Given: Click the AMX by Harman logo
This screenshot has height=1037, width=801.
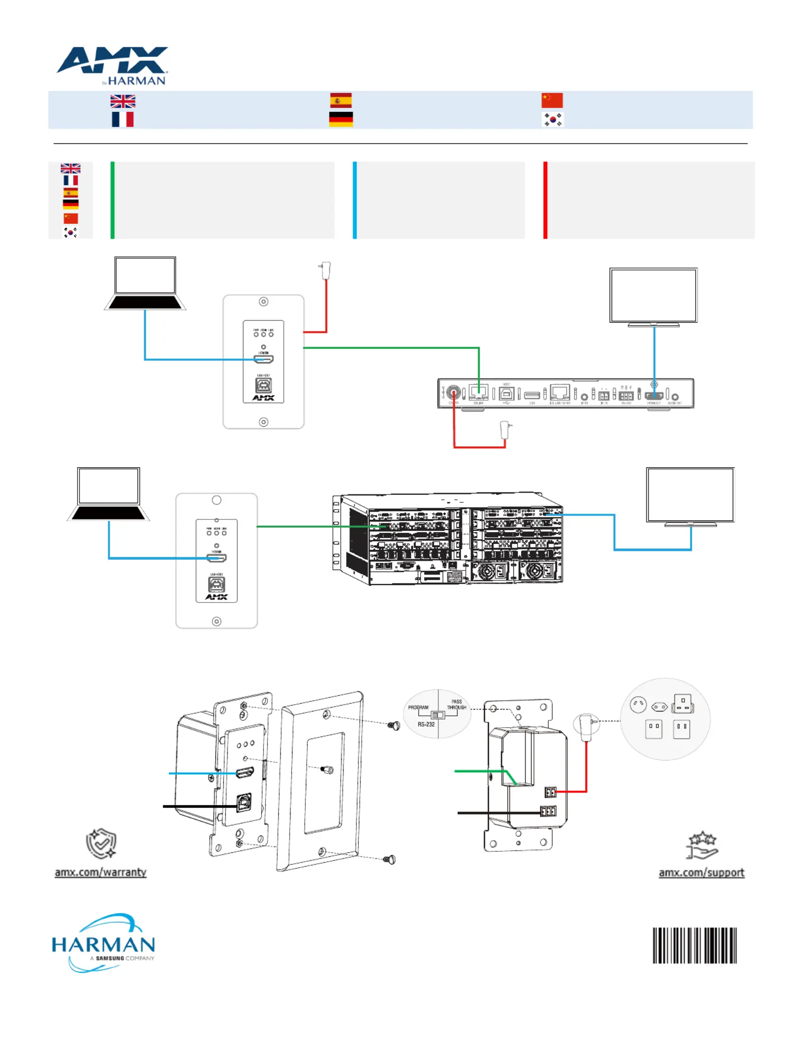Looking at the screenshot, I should click(x=112, y=66).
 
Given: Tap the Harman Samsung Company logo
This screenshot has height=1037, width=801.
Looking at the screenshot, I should click(x=104, y=943).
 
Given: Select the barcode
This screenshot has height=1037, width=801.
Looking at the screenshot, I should click(x=694, y=945).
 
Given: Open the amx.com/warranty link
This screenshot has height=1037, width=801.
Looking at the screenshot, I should click(x=101, y=872).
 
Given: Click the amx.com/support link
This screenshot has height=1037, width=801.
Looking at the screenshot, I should click(x=701, y=873).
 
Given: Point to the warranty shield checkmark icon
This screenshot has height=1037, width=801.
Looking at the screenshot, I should click(x=101, y=844).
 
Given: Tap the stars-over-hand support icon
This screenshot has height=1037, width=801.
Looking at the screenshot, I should click(x=702, y=845).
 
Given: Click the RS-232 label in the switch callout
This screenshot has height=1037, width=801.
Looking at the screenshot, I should click(x=426, y=724).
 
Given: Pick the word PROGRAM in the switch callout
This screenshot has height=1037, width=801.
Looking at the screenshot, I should click(x=418, y=708).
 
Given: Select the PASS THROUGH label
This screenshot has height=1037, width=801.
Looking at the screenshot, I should click(x=456, y=705).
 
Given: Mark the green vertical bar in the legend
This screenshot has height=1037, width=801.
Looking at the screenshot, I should click(x=112, y=200).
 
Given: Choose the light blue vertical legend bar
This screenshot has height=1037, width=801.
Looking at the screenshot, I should click(x=355, y=200).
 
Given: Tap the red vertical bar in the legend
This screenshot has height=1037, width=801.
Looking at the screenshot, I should click(x=545, y=200).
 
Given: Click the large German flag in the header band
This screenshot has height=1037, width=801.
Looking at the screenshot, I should click(x=341, y=119).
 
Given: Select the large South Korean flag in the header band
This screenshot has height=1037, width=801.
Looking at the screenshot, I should click(x=553, y=120).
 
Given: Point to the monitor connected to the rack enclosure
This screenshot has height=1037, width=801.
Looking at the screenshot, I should click(x=690, y=496).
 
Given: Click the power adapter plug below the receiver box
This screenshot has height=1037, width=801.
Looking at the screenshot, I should click(x=506, y=430).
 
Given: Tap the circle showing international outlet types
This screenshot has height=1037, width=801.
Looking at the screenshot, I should click(x=665, y=719).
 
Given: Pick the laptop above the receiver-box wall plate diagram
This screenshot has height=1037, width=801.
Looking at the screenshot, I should click(x=145, y=283).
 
